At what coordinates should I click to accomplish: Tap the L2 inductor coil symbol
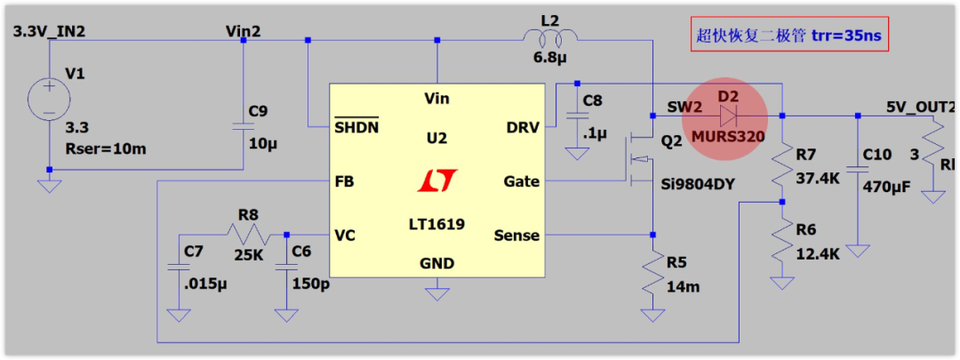pos(550,37)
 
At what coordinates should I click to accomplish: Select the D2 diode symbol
pos(729,116)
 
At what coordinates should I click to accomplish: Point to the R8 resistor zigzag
pos(246,236)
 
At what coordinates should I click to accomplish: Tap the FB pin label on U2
pos(344,181)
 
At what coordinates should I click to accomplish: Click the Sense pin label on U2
pos(516,236)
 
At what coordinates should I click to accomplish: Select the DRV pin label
pos(522,127)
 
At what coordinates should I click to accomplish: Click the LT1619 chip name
pos(436,223)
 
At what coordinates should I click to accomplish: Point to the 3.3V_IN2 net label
pos(49,32)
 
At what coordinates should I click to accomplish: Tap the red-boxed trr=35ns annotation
pos(790,36)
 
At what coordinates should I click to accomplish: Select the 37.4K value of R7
pos(817,178)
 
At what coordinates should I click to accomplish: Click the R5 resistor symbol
pos(652,276)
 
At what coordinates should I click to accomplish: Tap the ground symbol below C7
pos(179,314)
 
